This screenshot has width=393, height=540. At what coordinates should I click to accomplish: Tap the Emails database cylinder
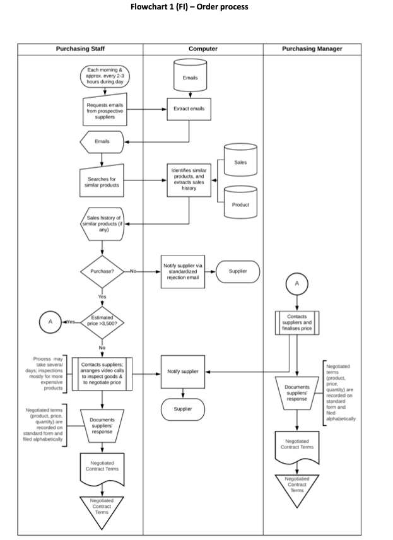pos(189,76)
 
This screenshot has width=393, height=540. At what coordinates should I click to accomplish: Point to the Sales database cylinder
pos(240,162)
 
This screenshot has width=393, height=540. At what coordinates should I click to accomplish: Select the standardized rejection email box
pos(183,272)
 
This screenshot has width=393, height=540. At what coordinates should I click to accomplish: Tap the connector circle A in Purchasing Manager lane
pos(297,283)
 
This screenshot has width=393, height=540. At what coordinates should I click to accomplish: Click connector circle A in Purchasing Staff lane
pos(49,322)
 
